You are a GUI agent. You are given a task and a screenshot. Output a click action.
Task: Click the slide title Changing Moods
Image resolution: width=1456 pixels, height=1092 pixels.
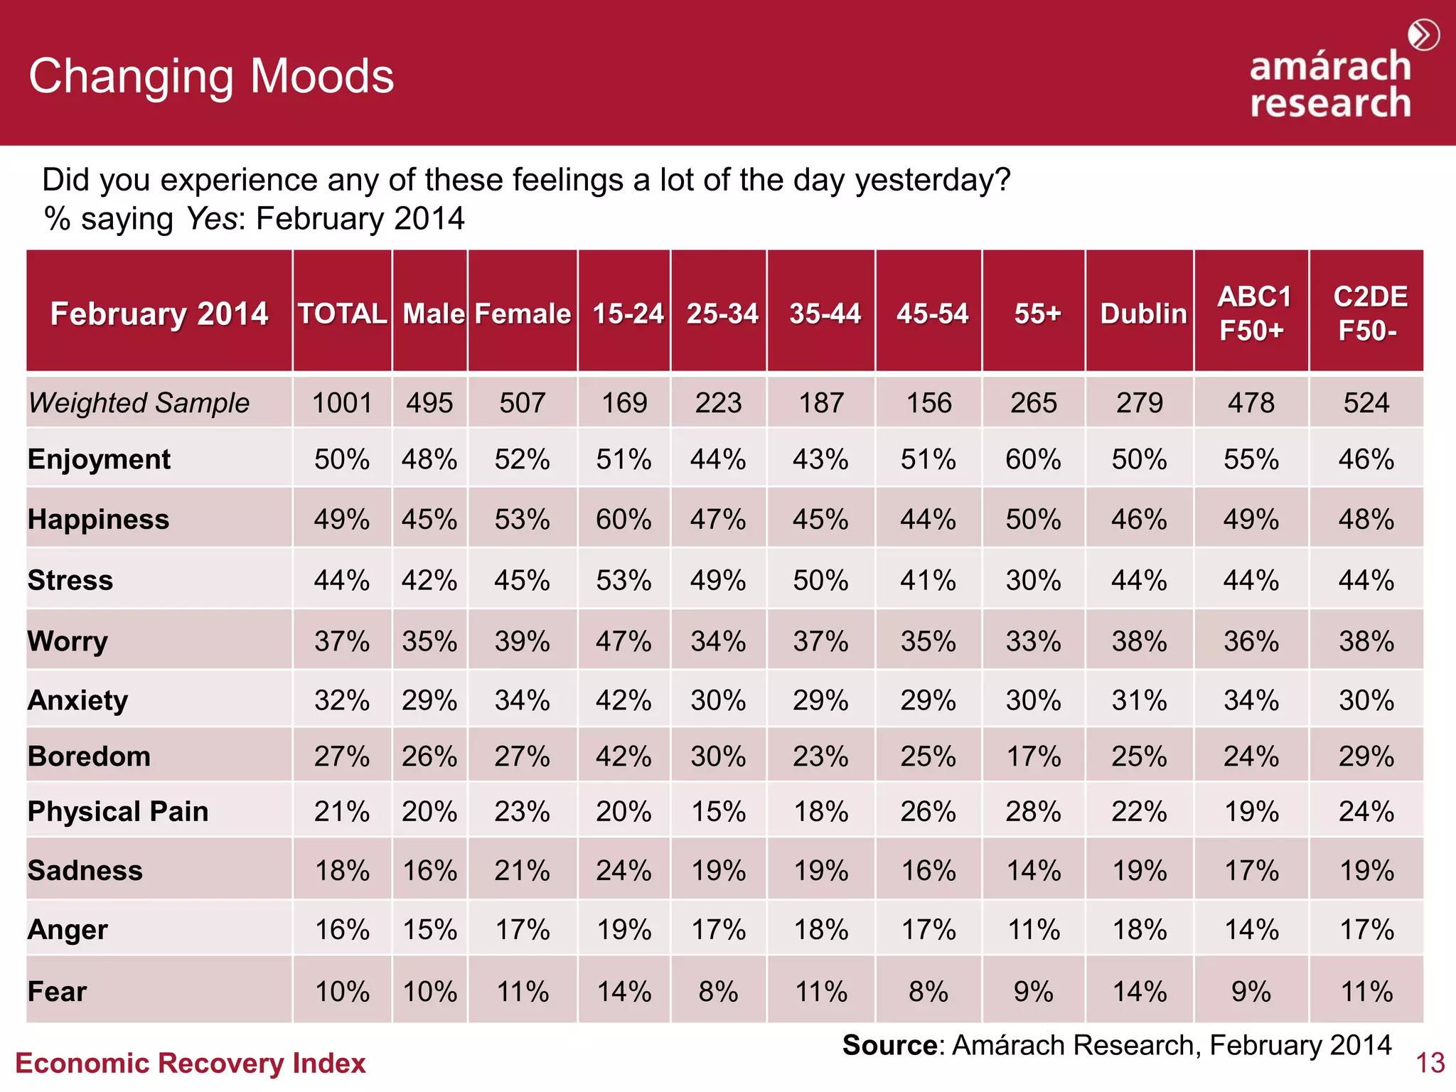(211, 76)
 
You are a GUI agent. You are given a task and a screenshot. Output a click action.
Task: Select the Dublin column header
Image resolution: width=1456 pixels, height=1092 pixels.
(1143, 314)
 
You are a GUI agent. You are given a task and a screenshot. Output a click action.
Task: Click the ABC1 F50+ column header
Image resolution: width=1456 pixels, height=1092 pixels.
(1253, 314)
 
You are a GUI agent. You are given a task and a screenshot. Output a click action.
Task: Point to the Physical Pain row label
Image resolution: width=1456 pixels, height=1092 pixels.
(118, 811)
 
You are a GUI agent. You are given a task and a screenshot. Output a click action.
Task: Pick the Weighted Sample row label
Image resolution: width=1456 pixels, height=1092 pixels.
(139, 403)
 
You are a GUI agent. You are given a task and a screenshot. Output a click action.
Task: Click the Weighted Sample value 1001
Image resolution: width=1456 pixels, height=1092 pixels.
(342, 403)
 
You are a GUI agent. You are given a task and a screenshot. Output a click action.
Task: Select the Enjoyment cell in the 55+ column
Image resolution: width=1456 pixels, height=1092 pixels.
(1033, 459)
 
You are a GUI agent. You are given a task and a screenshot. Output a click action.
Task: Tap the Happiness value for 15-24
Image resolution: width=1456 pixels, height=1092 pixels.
(623, 520)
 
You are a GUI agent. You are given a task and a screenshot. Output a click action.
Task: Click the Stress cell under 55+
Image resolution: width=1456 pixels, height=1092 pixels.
(1033, 581)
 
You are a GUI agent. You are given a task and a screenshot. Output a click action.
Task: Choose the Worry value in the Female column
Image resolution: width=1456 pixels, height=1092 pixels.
(522, 642)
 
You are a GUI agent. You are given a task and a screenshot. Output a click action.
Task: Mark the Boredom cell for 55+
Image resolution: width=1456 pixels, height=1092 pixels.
(1033, 756)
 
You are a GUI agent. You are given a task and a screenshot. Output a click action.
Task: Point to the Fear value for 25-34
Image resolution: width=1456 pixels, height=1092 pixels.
(718, 992)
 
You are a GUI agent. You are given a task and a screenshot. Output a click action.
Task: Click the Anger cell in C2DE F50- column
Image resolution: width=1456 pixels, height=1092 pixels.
(1366, 930)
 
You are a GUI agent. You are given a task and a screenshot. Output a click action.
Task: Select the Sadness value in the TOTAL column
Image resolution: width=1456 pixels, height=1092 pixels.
(342, 871)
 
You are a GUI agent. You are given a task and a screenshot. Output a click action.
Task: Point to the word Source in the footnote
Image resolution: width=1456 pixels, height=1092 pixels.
(889, 1045)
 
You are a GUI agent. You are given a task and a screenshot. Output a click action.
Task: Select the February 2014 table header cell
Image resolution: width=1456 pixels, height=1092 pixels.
(159, 314)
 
